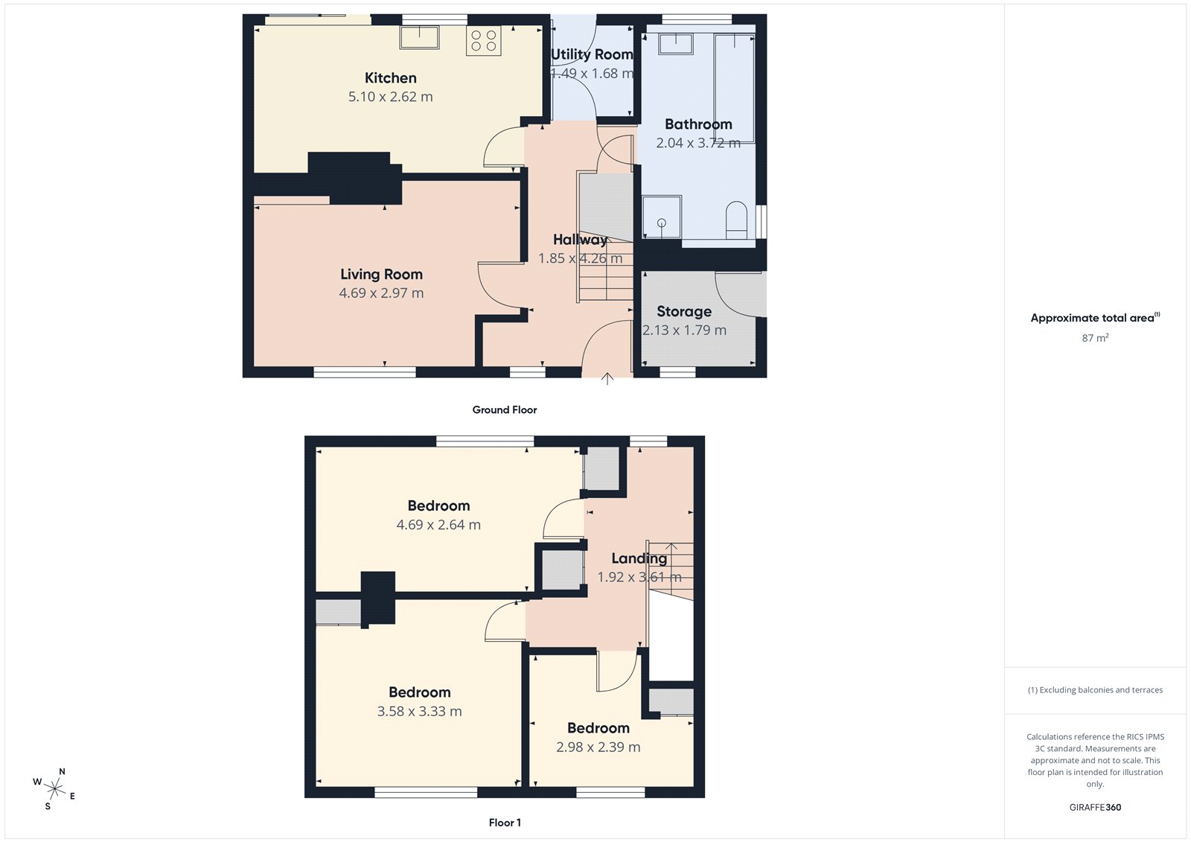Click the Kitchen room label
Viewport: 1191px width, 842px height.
(x=390, y=78)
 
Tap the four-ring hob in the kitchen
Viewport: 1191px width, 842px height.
(x=484, y=40)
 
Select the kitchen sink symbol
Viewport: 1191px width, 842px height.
(x=419, y=37)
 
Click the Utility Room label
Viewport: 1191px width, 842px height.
(x=592, y=54)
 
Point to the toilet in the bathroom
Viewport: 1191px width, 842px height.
(x=735, y=220)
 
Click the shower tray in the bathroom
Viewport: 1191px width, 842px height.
(x=661, y=217)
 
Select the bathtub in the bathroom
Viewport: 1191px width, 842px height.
(x=734, y=88)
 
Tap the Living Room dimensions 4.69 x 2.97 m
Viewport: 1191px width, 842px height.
(x=381, y=293)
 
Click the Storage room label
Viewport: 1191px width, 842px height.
(x=683, y=311)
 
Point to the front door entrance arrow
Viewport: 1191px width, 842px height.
(x=607, y=378)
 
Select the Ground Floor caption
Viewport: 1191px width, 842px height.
(x=504, y=409)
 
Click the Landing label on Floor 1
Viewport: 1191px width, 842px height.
(x=639, y=558)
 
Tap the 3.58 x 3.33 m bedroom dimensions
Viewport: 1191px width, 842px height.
(x=419, y=712)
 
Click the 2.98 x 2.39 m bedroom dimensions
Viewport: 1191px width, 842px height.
(x=598, y=747)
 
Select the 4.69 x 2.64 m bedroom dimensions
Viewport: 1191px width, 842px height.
(x=438, y=525)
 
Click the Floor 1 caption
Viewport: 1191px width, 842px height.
(x=505, y=823)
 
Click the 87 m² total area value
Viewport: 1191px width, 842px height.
(x=1095, y=338)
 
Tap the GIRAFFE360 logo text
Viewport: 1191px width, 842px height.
(x=1095, y=807)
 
